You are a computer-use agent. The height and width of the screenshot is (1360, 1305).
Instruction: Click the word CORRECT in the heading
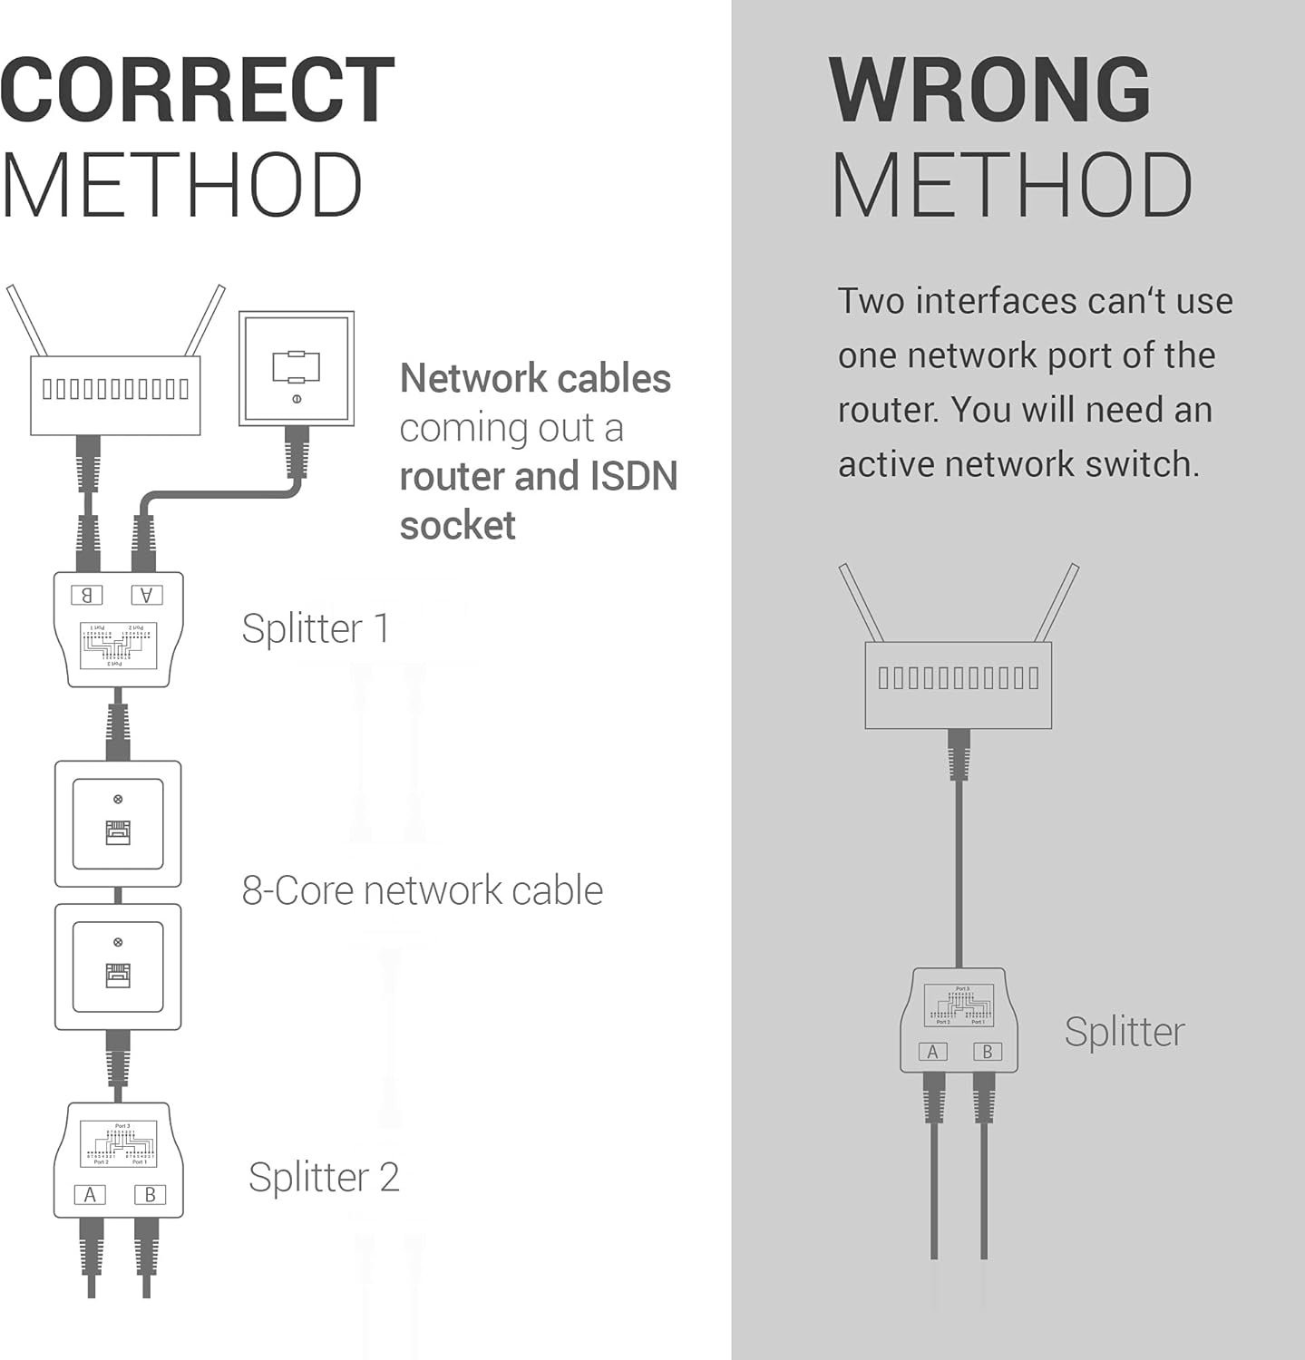tap(197, 90)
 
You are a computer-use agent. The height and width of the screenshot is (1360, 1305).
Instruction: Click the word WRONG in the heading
tap(989, 90)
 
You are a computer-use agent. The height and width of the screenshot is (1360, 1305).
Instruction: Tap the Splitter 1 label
tap(316, 628)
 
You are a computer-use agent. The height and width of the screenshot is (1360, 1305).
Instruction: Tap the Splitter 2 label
tap(324, 1177)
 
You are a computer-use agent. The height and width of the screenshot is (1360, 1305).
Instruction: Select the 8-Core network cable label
tap(422, 890)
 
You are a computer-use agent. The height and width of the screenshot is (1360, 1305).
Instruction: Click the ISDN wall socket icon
tap(296, 369)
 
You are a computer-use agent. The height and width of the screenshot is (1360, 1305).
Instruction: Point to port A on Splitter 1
tap(147, 595)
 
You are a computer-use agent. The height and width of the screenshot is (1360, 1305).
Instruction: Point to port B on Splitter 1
tap(87, 595)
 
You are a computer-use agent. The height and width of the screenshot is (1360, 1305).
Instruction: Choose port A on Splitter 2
tap(90, 1195)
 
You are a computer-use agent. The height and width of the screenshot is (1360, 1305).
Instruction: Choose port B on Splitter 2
tap(150, 1195)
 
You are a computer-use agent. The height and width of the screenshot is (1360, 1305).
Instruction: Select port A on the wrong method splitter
tap(932, 1052)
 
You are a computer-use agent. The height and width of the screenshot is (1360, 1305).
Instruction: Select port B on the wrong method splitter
tap(988, 1052)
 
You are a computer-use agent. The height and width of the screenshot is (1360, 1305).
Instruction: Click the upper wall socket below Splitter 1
tap(118, 824)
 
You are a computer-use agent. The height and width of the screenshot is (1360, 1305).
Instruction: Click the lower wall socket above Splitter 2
tap(118, 967)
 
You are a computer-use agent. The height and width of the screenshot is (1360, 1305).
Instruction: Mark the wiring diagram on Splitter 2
tap(119, 1144)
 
